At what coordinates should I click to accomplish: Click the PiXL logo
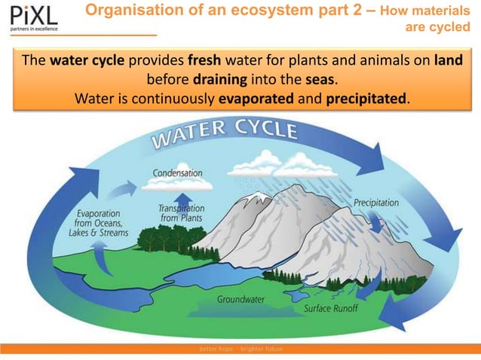30,17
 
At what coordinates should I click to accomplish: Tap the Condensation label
177,173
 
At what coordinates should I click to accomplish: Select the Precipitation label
376,203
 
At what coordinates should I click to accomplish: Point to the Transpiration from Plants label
181,212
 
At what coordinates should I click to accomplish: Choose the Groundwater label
240,299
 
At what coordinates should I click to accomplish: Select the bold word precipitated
367,98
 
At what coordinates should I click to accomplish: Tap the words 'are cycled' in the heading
437,28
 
